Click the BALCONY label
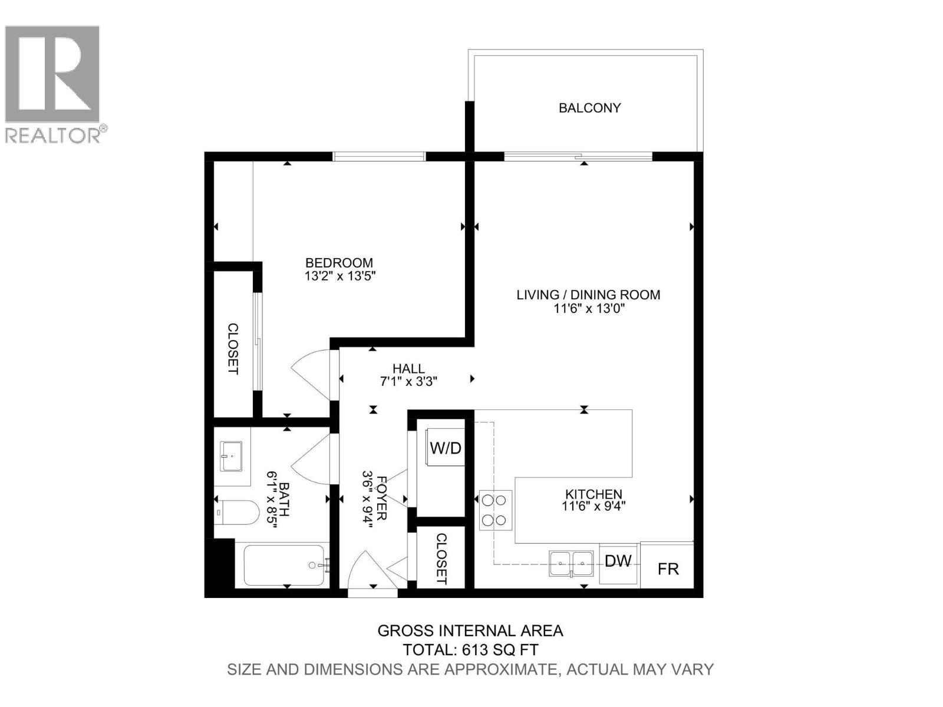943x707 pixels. click(589, 108)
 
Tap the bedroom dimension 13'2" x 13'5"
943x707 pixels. click(340, 275)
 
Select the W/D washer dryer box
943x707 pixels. click(446, 448)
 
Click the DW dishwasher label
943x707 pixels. click(618, 561)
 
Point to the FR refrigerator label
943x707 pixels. click(668, 569)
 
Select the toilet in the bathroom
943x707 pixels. click(238, 513)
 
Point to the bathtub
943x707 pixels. click(283, 565)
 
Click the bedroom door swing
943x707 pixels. click(312, 374)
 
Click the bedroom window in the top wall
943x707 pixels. click(379, 156)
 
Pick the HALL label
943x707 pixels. click(408, 369)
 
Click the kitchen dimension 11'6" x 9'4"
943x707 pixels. click(594, 506)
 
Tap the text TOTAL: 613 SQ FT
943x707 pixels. click(470, 650)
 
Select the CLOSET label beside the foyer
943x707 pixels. click(441, 559)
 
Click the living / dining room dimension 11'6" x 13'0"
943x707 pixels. click(588, 307)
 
